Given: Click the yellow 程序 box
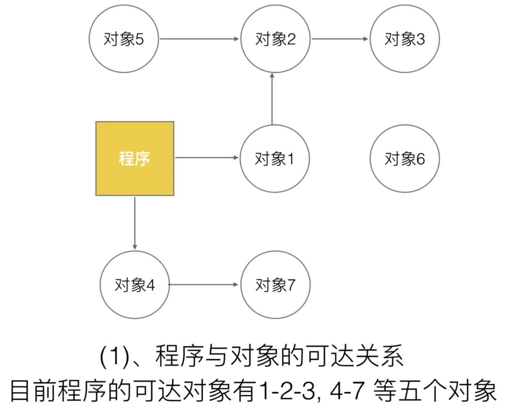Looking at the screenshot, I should (x=135, y=158).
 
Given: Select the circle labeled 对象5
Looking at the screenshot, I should (x=124, y=39).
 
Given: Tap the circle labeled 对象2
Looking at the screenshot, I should (x=275, y=39).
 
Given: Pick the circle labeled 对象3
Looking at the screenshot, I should (x=405, y=39).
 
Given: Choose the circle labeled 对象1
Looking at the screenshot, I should (x=275, y=158).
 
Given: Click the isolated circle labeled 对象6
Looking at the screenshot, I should (x=405, y=158).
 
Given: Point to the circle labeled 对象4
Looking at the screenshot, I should (x=135, y=285).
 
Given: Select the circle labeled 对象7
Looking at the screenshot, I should (x=275, y=285).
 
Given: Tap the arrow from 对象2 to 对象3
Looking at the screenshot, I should (x=340, y=39).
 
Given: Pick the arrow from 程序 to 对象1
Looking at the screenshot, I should (x=207, y=158).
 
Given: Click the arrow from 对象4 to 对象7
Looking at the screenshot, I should (x=204, y=285).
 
